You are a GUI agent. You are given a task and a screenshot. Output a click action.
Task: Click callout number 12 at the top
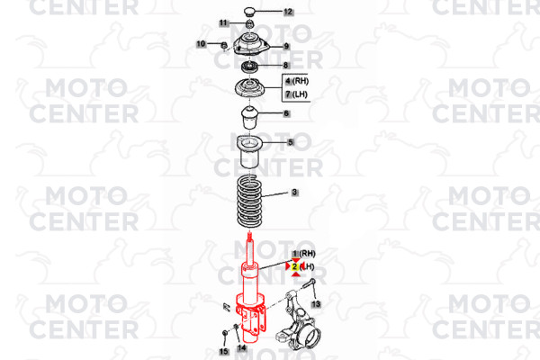[x=288, y=12]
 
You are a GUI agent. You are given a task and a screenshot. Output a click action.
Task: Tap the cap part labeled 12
[x=249, y=12]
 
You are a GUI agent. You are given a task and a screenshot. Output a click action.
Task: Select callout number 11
[x=223, y=23]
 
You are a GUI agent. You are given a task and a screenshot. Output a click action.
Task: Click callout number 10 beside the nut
[x=201, y=44]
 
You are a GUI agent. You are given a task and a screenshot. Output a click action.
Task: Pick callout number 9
[x=286, y=46]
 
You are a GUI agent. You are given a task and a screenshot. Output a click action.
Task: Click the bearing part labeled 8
[x=249, y=67]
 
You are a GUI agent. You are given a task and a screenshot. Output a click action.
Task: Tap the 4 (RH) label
[x=296, y=81]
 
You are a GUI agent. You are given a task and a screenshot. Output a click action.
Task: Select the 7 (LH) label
[x=296, y=94]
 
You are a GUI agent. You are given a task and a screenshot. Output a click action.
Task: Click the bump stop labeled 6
[x=249, y=118]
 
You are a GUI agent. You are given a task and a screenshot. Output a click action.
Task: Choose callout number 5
[x=291, y=142]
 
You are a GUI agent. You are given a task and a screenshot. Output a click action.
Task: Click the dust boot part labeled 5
[x=250, y=152]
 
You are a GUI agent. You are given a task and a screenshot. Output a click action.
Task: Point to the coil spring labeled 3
[x=249, y=202]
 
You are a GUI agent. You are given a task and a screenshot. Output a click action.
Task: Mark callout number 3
[x=294, y=193]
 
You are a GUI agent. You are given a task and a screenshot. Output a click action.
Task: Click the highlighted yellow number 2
[x=295, y=266]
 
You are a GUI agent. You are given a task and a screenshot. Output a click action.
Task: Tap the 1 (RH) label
[x=303, y=254]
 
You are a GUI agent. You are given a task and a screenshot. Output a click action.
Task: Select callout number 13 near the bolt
[x=316, y=304]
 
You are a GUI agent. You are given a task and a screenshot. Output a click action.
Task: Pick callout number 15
[x=224, y=351]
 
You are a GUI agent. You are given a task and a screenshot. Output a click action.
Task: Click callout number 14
[x=242, y=348]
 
